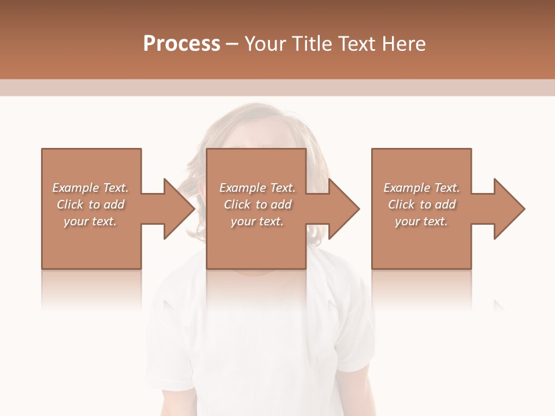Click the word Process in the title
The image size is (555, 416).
[182, 44]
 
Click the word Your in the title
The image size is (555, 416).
[265, 44]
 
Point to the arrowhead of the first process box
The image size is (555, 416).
[178, 209]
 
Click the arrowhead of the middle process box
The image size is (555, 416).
[343, 209]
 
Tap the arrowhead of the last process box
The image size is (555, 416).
[508, 209]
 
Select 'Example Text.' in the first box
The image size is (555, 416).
[91, 188]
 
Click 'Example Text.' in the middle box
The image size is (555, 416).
[257, 188]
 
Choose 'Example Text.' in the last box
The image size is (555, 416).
[421, 188]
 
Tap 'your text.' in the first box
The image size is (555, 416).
[91, 221]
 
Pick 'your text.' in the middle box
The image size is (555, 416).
[257, 221]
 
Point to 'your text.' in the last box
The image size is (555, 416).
[421, 221]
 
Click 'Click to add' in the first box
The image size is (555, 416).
[91, 205]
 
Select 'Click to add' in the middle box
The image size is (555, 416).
[257, 205]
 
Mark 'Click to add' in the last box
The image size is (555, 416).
[421, 205]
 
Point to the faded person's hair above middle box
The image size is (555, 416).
[254, 124]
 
